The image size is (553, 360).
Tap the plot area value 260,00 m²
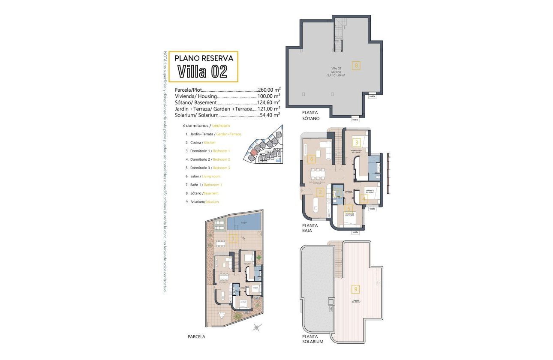click(x=269, y=90)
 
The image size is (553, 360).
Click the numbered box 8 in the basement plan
click(x=355, y=66)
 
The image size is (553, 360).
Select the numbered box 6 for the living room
click(x=312, y=159)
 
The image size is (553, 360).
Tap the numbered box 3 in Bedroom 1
click(x=356, y=143)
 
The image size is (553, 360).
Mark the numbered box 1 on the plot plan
click(x=233, y=239)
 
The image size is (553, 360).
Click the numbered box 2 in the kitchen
click(x=319, y=192)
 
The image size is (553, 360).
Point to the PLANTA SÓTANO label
click(x=310, y=115)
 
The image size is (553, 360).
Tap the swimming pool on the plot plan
click(x=244, y=222)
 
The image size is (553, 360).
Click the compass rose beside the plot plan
click(x=257, y=328)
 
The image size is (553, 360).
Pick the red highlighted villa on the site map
click(x=254, y=152)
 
